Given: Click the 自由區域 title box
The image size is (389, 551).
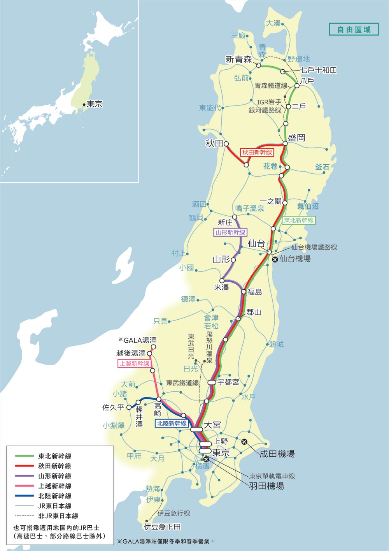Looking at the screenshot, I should pyautogui.click(x=353, y=30).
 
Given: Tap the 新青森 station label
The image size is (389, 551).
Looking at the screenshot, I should pyautogui.click(x=239, y=59).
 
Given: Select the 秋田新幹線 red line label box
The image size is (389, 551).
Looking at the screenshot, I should pyautogui.click(x=257, y=152).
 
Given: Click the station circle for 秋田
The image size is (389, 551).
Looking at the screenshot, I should pyautogui.click(x=226, y=143).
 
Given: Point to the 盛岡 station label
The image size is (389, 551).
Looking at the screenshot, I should pyautogui.click(x=296, y=138).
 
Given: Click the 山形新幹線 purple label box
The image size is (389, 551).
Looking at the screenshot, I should pyautogui.click(x=231, y=232).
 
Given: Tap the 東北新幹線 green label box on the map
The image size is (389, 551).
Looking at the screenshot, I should pyautogui.click(x=299, y=220).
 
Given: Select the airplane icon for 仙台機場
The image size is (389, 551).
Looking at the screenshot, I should pyautogui.click(x=275, y=259).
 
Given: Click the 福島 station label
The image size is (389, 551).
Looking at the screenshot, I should pyautogui.click(x=255, y=292).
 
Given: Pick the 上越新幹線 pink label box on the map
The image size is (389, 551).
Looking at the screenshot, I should pyautogui.click(x=134, y=363).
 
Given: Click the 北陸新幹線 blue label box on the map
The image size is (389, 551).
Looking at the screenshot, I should pyautogui.click(x=172, y=423).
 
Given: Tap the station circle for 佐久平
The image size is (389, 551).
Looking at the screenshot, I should pyautogui.click(x=129, y=407).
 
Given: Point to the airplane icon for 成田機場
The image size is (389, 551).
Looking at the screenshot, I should pyautogui.click(x=244, y=441).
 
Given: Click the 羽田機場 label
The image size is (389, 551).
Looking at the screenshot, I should pyautogui.click(x=266, y=486).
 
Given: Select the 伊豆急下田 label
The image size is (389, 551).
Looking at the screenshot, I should pyautogui.click(x=162, y=527).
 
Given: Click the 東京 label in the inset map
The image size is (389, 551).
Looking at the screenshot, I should pyautogui.click(x=95, y=104).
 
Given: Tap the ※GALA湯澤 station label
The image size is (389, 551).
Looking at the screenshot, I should pyautogui.click(x=138, y=340).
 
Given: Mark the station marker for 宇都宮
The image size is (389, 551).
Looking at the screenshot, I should pyautogui.click(x=212, y=382).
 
